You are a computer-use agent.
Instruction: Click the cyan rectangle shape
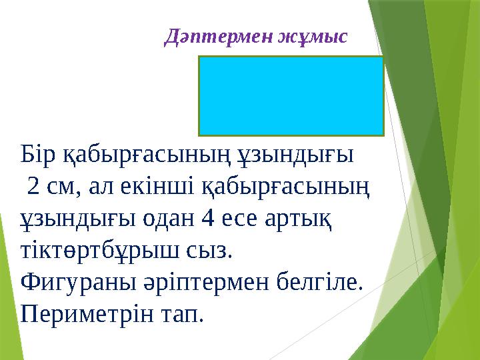click(291, 96)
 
